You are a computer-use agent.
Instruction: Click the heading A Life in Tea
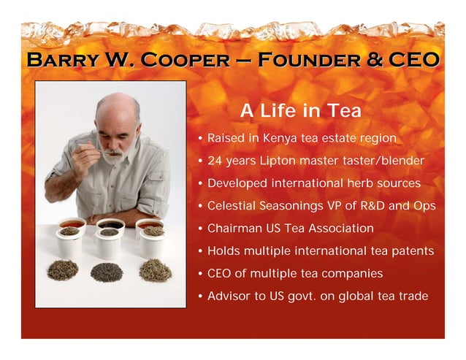300,111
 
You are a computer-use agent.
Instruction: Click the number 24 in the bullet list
215,161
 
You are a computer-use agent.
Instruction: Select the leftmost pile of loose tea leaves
63,270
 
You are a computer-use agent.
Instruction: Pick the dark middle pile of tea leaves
107,272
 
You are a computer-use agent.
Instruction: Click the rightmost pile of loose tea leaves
155,270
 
